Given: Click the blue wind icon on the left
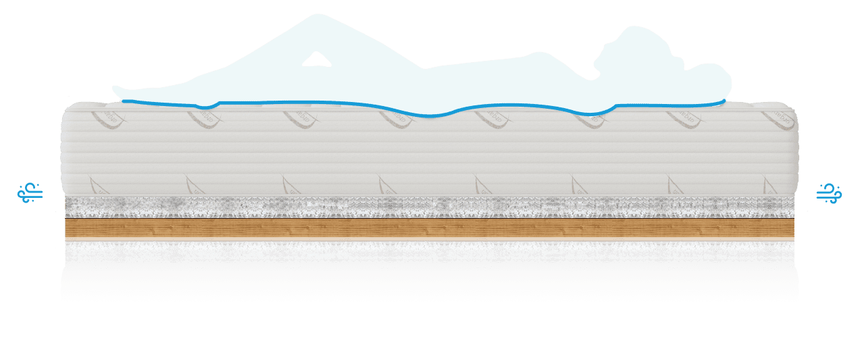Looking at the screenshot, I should tap(30, 194).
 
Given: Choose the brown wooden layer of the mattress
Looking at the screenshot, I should tap(430, 230).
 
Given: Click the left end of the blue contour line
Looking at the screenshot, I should tap(123, 101).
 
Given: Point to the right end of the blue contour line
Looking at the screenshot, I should tap(725, 101).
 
